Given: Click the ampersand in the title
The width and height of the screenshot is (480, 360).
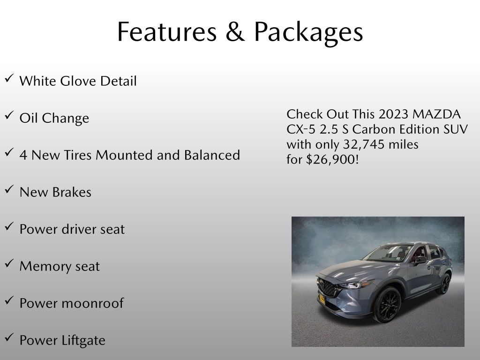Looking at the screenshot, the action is coord(235,31).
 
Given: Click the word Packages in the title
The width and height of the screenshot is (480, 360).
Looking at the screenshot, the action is coord(308,33).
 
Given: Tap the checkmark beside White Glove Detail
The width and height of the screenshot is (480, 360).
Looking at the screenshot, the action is coord(9,78).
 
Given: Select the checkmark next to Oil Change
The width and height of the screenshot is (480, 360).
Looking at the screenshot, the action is coord(9,115).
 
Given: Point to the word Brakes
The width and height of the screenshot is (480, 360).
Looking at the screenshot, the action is coord(72,192).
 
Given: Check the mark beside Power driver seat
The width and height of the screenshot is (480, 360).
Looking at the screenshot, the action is coord(9,226).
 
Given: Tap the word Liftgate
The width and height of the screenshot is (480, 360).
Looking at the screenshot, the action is coord(83,341).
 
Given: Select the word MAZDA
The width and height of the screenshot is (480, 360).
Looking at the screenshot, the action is coord(436,114).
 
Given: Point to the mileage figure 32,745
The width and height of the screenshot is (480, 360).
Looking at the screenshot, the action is coord(363,144).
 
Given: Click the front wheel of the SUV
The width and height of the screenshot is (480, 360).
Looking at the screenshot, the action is coord(387,305).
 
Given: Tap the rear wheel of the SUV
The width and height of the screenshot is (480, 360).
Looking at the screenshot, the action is coord(444,284).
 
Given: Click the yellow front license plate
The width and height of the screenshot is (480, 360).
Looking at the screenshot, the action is coord(322,299).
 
